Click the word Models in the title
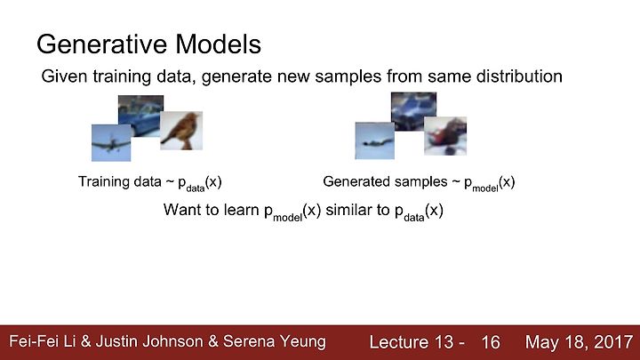click(219, 44)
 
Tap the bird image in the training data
click(181, 131)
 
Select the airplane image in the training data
click(111, 143)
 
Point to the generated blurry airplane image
click(375, 140)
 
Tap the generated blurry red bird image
click(445, 136)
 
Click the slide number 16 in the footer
click(490, 342)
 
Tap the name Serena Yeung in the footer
click(275, 341)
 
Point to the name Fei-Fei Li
click(43, 341)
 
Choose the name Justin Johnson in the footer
click(149, 341)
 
